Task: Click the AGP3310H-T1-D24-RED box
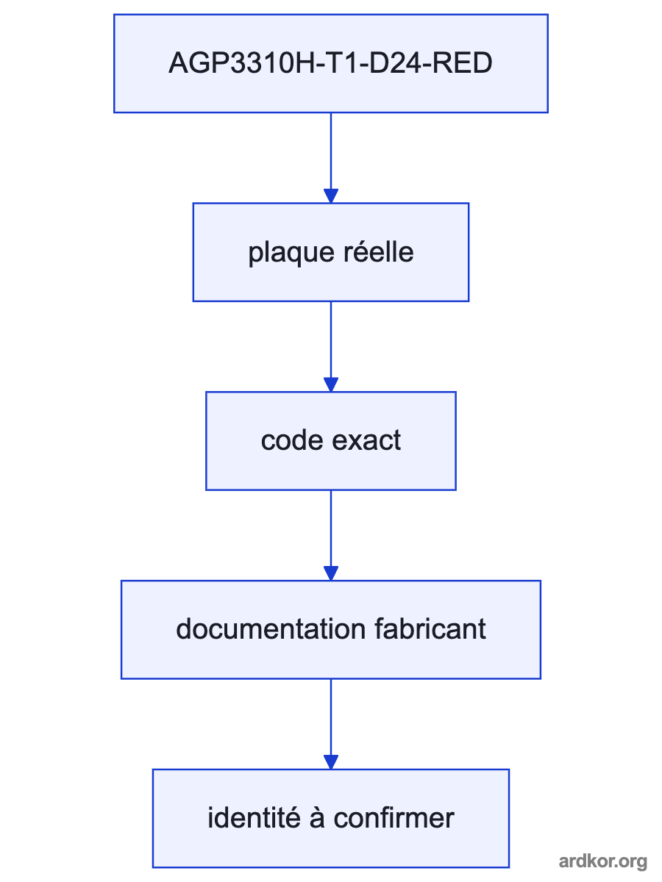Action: (x=331, y=63)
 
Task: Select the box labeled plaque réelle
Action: (x=331, y=252)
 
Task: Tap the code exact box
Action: (x=331, y=441)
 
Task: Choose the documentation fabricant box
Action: (x=331, y=630)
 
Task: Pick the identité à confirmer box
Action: (x=331, y=819)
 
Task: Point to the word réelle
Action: (x=379, y=251)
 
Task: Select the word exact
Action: (x=366, y=441)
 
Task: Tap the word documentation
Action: (x=271, y=629)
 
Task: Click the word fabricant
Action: (x=430, y=629)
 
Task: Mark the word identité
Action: (x=254, y=817)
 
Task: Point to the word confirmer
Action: (x=394, y=817)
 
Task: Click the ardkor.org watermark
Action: (x=603, y=861)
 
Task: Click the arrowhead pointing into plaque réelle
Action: (x=331, y=196)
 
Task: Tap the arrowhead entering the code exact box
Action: (x=331, y=384)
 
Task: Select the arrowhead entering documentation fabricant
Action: (x=331, y=573)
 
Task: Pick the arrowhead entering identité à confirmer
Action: (x=331, y=762)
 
